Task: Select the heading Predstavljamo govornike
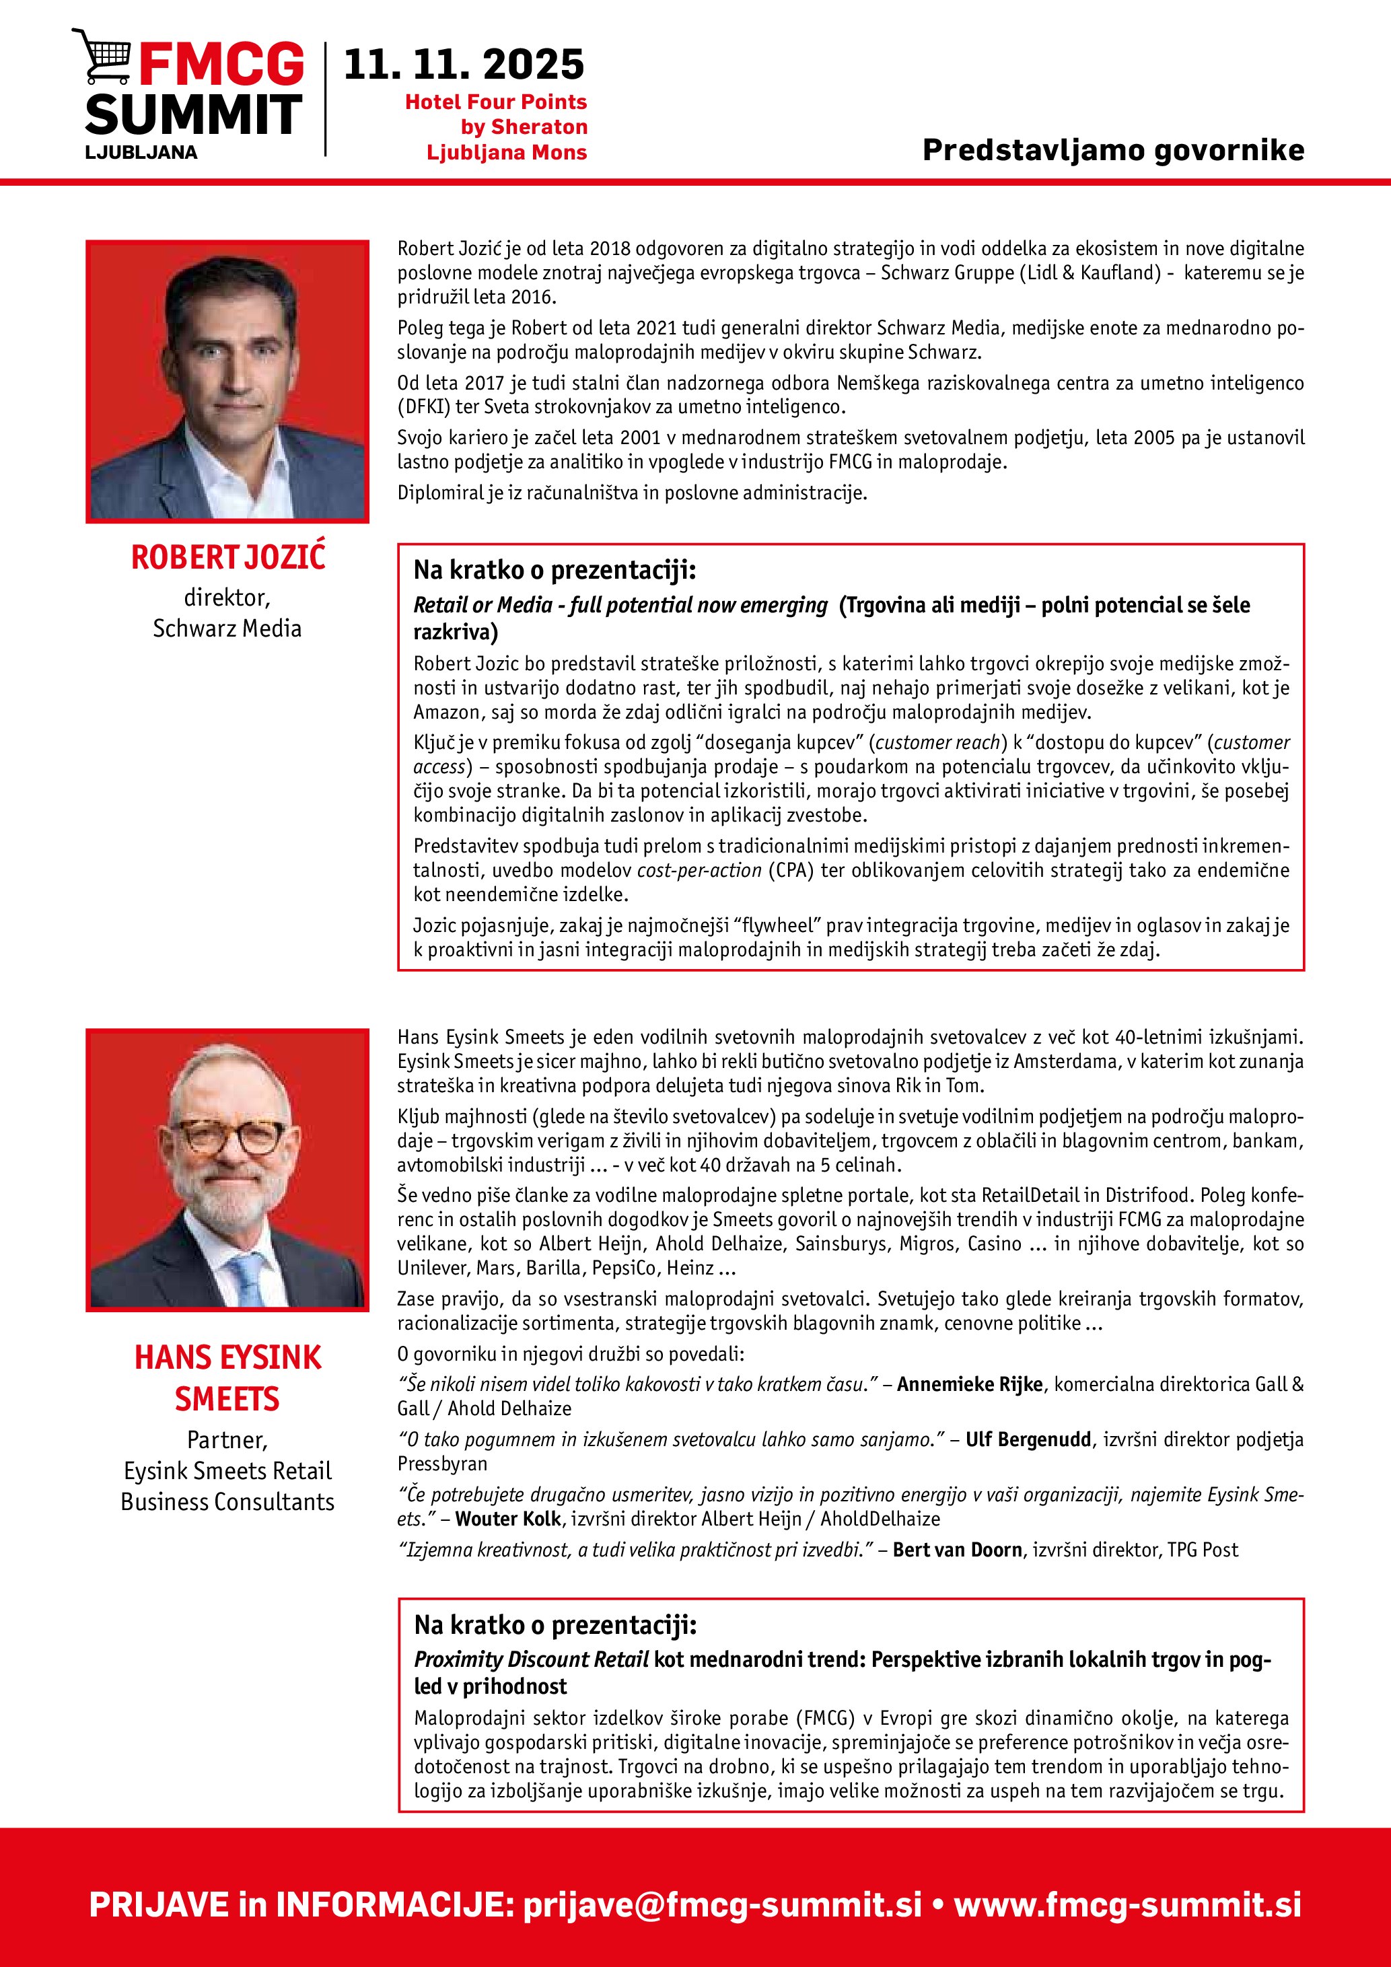pos(1112,150)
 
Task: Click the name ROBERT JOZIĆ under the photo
pos(228,557)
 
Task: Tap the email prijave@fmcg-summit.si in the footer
pos(722,1904)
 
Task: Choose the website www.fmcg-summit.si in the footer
pos(1127,1904)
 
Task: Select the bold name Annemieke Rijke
pos(970,1384)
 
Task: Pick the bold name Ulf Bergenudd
pos(1028,1439)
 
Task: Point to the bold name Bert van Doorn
pos(957,1550)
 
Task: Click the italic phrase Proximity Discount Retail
pos(531,1659)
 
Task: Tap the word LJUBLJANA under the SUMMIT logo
pos(141,153)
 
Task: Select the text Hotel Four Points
pos(495,102)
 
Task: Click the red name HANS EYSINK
pos(228,1358)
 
